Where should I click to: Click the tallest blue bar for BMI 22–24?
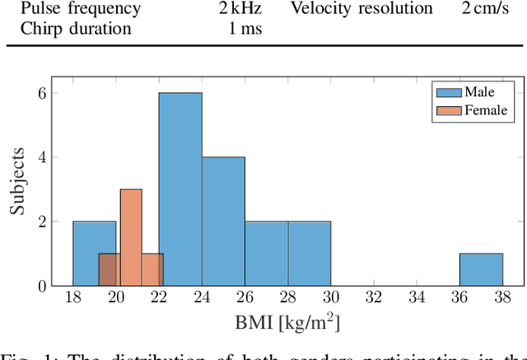[180, 189]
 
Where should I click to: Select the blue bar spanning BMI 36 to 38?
[481, 269]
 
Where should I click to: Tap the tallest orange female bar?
[131, 237]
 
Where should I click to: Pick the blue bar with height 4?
[223, 221]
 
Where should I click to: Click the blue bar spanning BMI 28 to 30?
[309, 253]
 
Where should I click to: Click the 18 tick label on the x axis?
[72, 299]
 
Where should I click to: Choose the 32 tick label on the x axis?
[373, 299]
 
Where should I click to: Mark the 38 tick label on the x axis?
[502, 299]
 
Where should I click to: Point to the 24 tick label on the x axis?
[202, 299]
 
